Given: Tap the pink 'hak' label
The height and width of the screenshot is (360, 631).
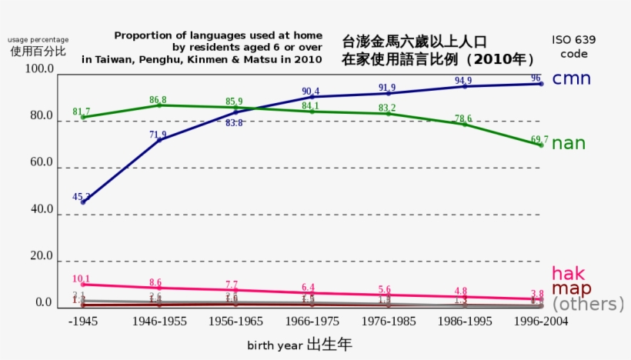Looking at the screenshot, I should [x=568, y=274].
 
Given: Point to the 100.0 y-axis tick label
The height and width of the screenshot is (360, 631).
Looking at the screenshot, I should [x=39, y=69].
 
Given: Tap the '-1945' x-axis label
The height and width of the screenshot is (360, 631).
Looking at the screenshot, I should [x=82, y=322].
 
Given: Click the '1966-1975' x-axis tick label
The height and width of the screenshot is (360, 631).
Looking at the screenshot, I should [x=310, y=322].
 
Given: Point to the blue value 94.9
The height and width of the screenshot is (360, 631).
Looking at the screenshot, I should [x=463, y=81].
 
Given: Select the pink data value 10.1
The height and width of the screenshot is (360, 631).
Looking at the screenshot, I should [x=81, y=279].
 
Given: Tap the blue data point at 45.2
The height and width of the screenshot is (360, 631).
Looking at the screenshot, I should [x=83, y=202].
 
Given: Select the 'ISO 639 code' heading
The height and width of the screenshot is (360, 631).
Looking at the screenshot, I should [x=573, y=47].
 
